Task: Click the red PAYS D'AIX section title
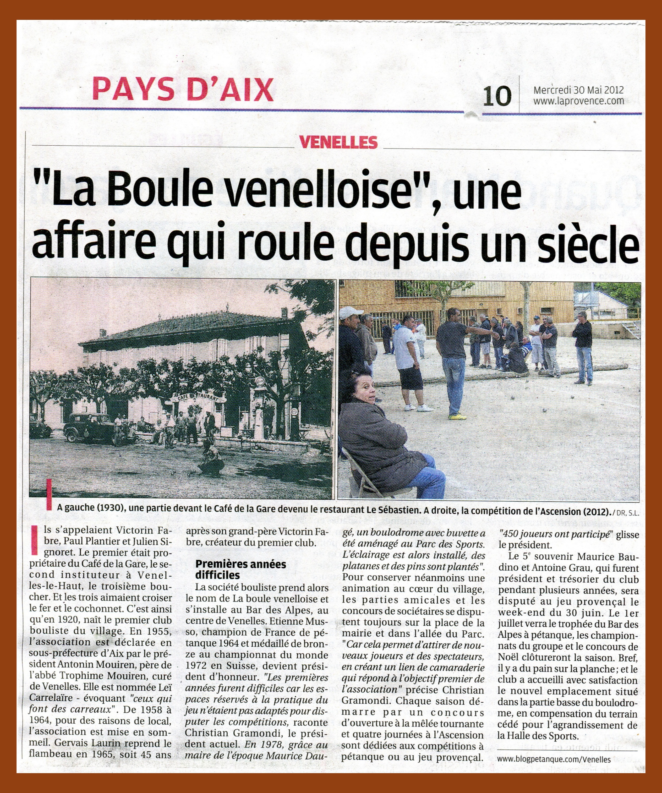click(183, 89)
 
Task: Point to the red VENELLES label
click(338, 142)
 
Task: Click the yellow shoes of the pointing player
click(457, 417)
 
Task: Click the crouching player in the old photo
click(210, 460)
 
